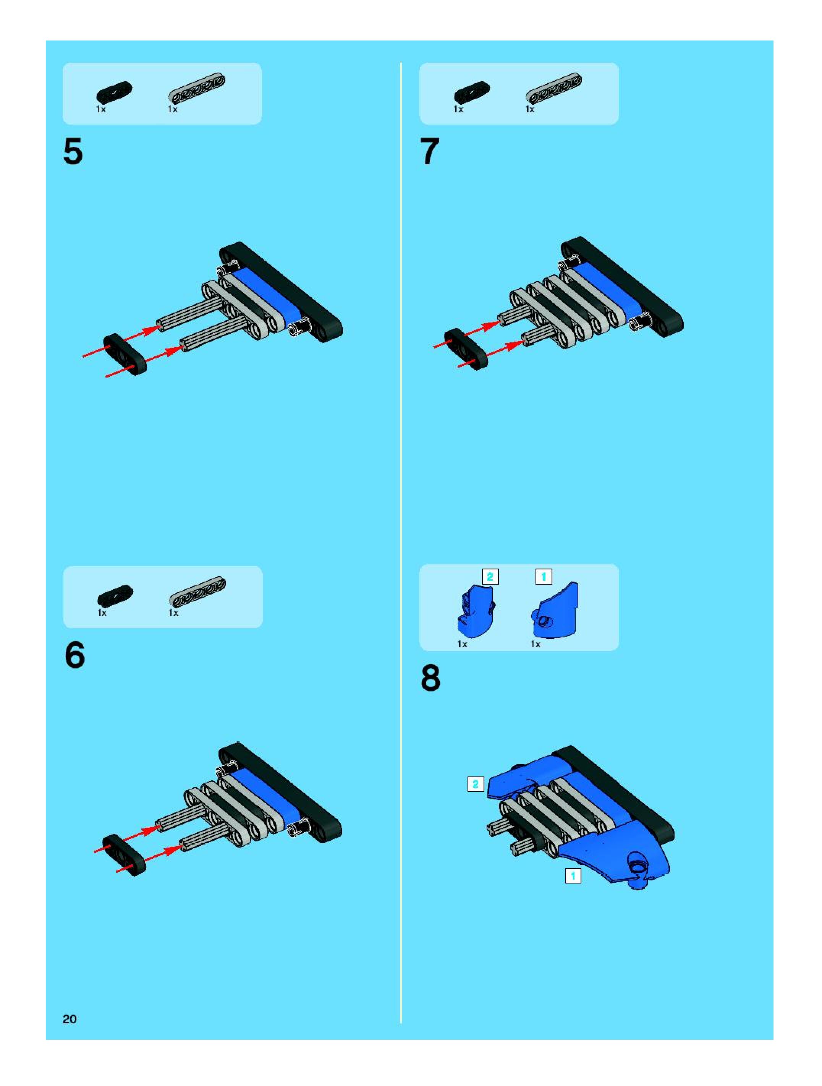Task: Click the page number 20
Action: pos(70,1019)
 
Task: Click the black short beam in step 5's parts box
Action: pos(114,92)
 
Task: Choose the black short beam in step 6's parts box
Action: pos(115,595)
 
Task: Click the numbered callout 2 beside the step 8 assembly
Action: pos(476,784)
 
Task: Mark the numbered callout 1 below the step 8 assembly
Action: pos(573,876)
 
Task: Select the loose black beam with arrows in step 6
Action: pos(125,854)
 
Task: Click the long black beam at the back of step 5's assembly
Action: pos(281,292)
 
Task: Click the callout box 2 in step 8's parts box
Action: pos(490,577)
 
